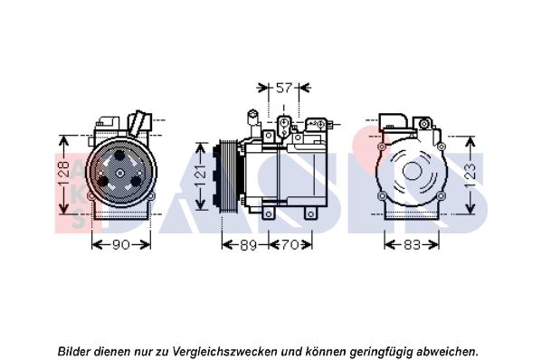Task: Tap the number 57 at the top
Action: (x=283, y=88)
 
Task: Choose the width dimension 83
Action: (x=412, y=245)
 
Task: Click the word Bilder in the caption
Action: (x=77, y=350)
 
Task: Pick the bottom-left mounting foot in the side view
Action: (x=268, y=213)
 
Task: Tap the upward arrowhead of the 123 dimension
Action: (x=471, y=139)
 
